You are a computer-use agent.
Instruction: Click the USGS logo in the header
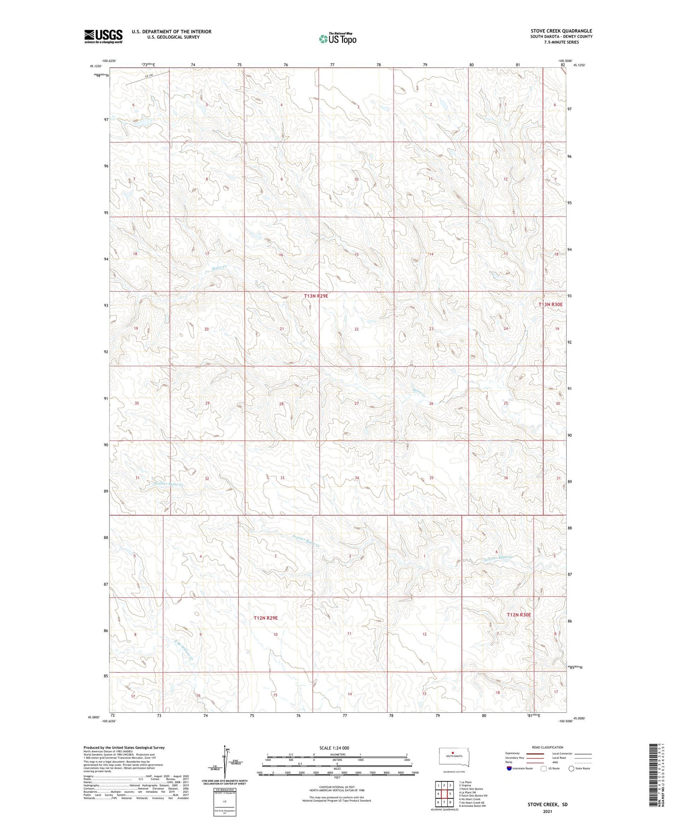coord(103,36)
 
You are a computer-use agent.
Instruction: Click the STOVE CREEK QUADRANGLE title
coord(561,31)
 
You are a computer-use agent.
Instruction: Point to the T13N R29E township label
coord(316,296)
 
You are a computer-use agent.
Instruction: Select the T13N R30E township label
coord(550,305)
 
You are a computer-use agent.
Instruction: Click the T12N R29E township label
coord(265,618)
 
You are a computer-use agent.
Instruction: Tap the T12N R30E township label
coord(519,615)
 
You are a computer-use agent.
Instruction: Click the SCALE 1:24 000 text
coord(334,748)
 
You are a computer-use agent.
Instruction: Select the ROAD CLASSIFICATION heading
coord(548,747)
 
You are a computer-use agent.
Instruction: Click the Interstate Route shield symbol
coord(509,768)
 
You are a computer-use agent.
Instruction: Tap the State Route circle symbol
coord(571,768)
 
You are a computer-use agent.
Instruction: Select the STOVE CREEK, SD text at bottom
coord(547,805)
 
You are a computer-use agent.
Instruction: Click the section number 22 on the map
coord(357,329)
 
